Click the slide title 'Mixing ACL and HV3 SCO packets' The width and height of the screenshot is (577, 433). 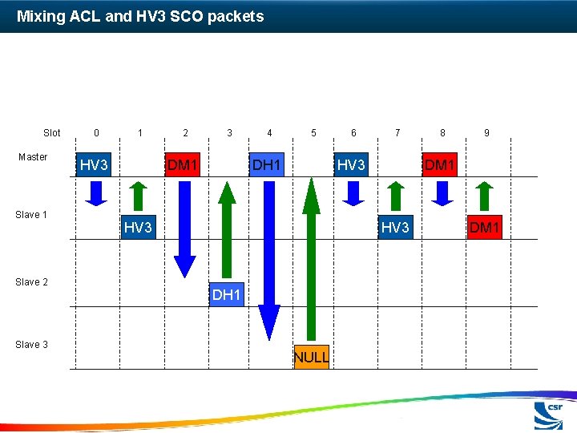(140, 16)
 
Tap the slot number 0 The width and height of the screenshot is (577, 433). (96, 133)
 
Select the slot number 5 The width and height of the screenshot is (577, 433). (313, 133)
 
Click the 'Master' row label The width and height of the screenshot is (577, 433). (33, 157)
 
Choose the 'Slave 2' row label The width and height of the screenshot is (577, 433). (32, 282)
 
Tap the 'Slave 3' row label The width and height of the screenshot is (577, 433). (32, 345)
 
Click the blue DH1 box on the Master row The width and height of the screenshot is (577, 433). (267, 165)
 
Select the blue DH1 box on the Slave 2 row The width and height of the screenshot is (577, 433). (227, 295)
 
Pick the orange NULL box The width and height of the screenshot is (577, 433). (311, 357)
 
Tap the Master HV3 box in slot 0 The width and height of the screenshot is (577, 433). (95, 165)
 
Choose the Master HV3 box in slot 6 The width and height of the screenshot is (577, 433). (352, 165)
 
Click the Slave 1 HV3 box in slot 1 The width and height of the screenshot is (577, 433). (138, 228)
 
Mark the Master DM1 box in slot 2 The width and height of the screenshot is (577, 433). (183, 165)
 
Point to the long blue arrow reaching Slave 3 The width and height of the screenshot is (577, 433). (269, 257)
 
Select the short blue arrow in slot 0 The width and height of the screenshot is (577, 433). (96, 192)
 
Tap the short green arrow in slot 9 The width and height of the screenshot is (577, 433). (483, 194)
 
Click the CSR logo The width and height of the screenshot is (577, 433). (549, 416)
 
